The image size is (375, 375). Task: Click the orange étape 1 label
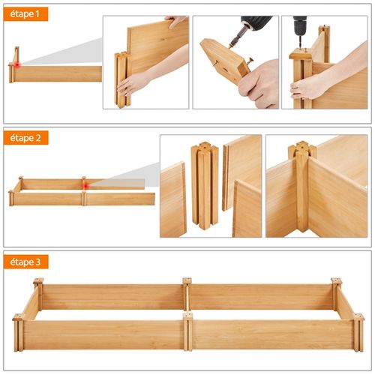coord(25,14)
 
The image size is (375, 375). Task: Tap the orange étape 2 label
coord(25,138)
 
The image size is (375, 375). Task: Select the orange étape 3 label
coord(25,262)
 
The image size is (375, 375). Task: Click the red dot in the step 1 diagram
coord(17,64)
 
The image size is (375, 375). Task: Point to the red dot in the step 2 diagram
coord(86,186)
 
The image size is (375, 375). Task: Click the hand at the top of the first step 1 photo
coord(175,21)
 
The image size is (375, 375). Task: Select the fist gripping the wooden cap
coord(259,85)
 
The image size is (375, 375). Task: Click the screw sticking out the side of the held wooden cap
coord(249,61)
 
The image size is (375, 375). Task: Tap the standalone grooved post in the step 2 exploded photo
coord(205,185)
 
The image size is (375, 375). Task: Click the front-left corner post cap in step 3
coord(18,317)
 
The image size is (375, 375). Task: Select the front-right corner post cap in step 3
coord(358,317)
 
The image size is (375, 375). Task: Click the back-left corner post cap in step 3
coord(38,280)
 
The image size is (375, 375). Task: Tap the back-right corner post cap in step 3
coord(336,280)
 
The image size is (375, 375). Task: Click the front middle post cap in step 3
coord(187,316)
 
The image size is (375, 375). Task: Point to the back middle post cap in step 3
coord(187,280)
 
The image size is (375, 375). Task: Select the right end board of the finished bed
coord(345,303)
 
